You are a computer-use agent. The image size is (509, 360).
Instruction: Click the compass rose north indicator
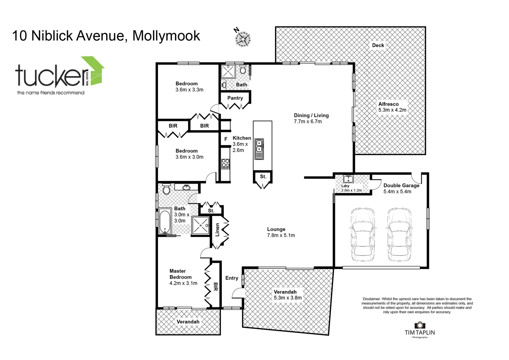tap(243, 37)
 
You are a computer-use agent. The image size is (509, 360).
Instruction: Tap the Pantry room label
tap(235, 98)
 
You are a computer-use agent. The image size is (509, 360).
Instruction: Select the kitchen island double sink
tap(259, 149)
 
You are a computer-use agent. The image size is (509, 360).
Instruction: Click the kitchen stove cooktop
tap(226, 163)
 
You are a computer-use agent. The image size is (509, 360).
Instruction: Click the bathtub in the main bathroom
tap(165, 222)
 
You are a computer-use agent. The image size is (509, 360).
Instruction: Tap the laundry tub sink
tap(348, 179)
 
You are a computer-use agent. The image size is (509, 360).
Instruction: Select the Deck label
tap(378, 45)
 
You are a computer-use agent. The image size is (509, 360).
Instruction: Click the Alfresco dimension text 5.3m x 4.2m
tap(392, 110)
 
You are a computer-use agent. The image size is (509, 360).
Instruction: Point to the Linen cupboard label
tap(217, 230)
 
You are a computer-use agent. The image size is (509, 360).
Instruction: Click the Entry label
tap(232, 278)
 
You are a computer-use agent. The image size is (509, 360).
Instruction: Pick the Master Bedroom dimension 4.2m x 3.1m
tap(183, 283)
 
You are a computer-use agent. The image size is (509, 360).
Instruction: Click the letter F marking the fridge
tap(226, 139)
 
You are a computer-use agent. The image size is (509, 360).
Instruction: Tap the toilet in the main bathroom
tap(166, 189)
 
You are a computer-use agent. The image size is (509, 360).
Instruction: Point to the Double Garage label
tap(401, 186)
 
